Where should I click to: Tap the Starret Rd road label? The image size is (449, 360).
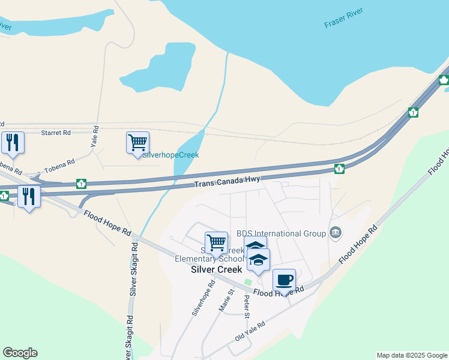point(56,132)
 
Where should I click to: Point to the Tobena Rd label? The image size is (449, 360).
point(62,163)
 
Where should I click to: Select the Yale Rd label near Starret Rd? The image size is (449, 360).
point(94,137)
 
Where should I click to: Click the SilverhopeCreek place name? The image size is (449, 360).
point(170,155)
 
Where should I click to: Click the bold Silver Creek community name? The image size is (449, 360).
point(217,270)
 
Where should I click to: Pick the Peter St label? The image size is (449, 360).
point(246,306)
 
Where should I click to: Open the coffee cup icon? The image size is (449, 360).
point(284,279)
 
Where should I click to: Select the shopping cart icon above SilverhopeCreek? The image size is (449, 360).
point(137,142)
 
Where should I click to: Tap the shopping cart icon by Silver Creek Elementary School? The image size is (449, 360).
point(216,242)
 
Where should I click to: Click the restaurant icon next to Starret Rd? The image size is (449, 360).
point(13,142)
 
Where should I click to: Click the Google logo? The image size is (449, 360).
point(20,353)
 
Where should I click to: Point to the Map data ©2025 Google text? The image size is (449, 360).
point(411,355)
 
